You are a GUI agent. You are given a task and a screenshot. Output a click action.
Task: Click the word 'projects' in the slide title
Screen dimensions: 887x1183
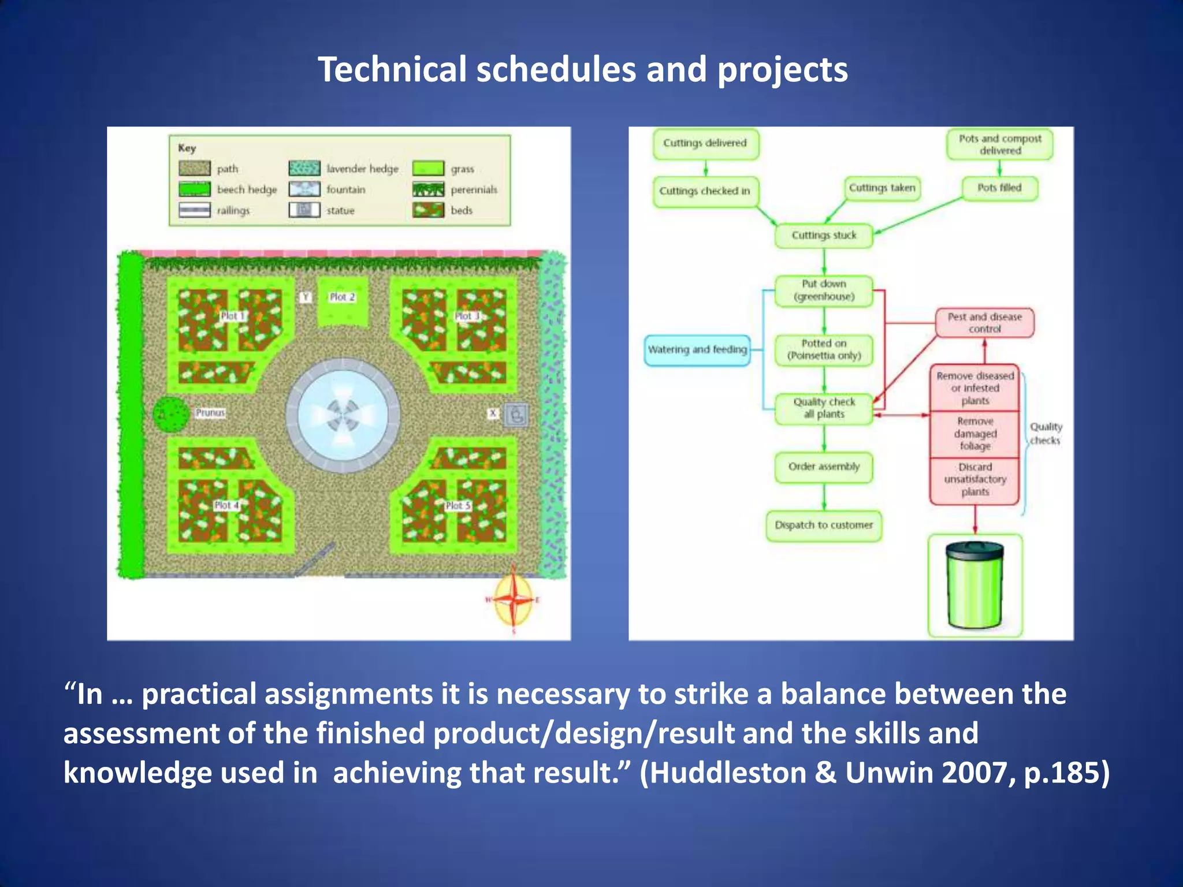(x=782, y=70)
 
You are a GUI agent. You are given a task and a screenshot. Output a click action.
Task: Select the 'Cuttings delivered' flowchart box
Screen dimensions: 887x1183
(x=705, y=143)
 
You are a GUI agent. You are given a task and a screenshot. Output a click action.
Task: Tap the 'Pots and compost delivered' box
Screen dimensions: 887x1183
(x=1000, y=144)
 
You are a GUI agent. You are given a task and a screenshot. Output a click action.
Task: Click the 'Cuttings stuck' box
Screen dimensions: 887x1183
(x=824, y=236)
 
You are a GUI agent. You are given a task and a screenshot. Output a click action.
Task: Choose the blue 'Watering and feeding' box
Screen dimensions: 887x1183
(x=697, y=350)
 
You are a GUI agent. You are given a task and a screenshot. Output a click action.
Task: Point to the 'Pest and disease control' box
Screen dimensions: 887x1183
(x=984, y=323)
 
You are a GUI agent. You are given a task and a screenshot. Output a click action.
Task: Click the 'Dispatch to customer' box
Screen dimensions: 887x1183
(x=824, y=526)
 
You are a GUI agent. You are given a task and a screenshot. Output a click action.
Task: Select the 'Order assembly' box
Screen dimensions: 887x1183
(x=824, y=467)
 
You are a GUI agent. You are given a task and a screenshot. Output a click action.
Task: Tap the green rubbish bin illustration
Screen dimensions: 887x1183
(x=975, y=586)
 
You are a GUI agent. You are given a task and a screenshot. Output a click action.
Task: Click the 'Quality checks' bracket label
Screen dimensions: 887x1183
(x=1046, y=434)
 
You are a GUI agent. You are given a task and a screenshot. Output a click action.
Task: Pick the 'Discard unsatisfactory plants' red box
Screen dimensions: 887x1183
(x=975, y=480)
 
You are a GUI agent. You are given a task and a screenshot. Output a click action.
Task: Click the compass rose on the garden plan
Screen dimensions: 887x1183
(x=514, y=600)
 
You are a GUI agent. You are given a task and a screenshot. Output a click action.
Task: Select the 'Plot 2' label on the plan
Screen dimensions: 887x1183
(x=342, y=297)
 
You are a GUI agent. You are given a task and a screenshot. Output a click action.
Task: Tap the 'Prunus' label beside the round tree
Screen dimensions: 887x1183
(x=210, y=412)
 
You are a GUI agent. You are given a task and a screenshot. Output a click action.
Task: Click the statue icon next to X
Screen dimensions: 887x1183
(x=516, y=414)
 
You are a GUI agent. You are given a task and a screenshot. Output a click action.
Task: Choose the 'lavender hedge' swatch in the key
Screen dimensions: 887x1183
(x=304, y=169)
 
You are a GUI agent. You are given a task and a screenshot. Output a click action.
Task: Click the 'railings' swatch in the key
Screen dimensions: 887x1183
(x=195, y=210)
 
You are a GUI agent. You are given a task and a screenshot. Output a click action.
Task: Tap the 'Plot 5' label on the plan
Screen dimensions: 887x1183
(x=457, y=506)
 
